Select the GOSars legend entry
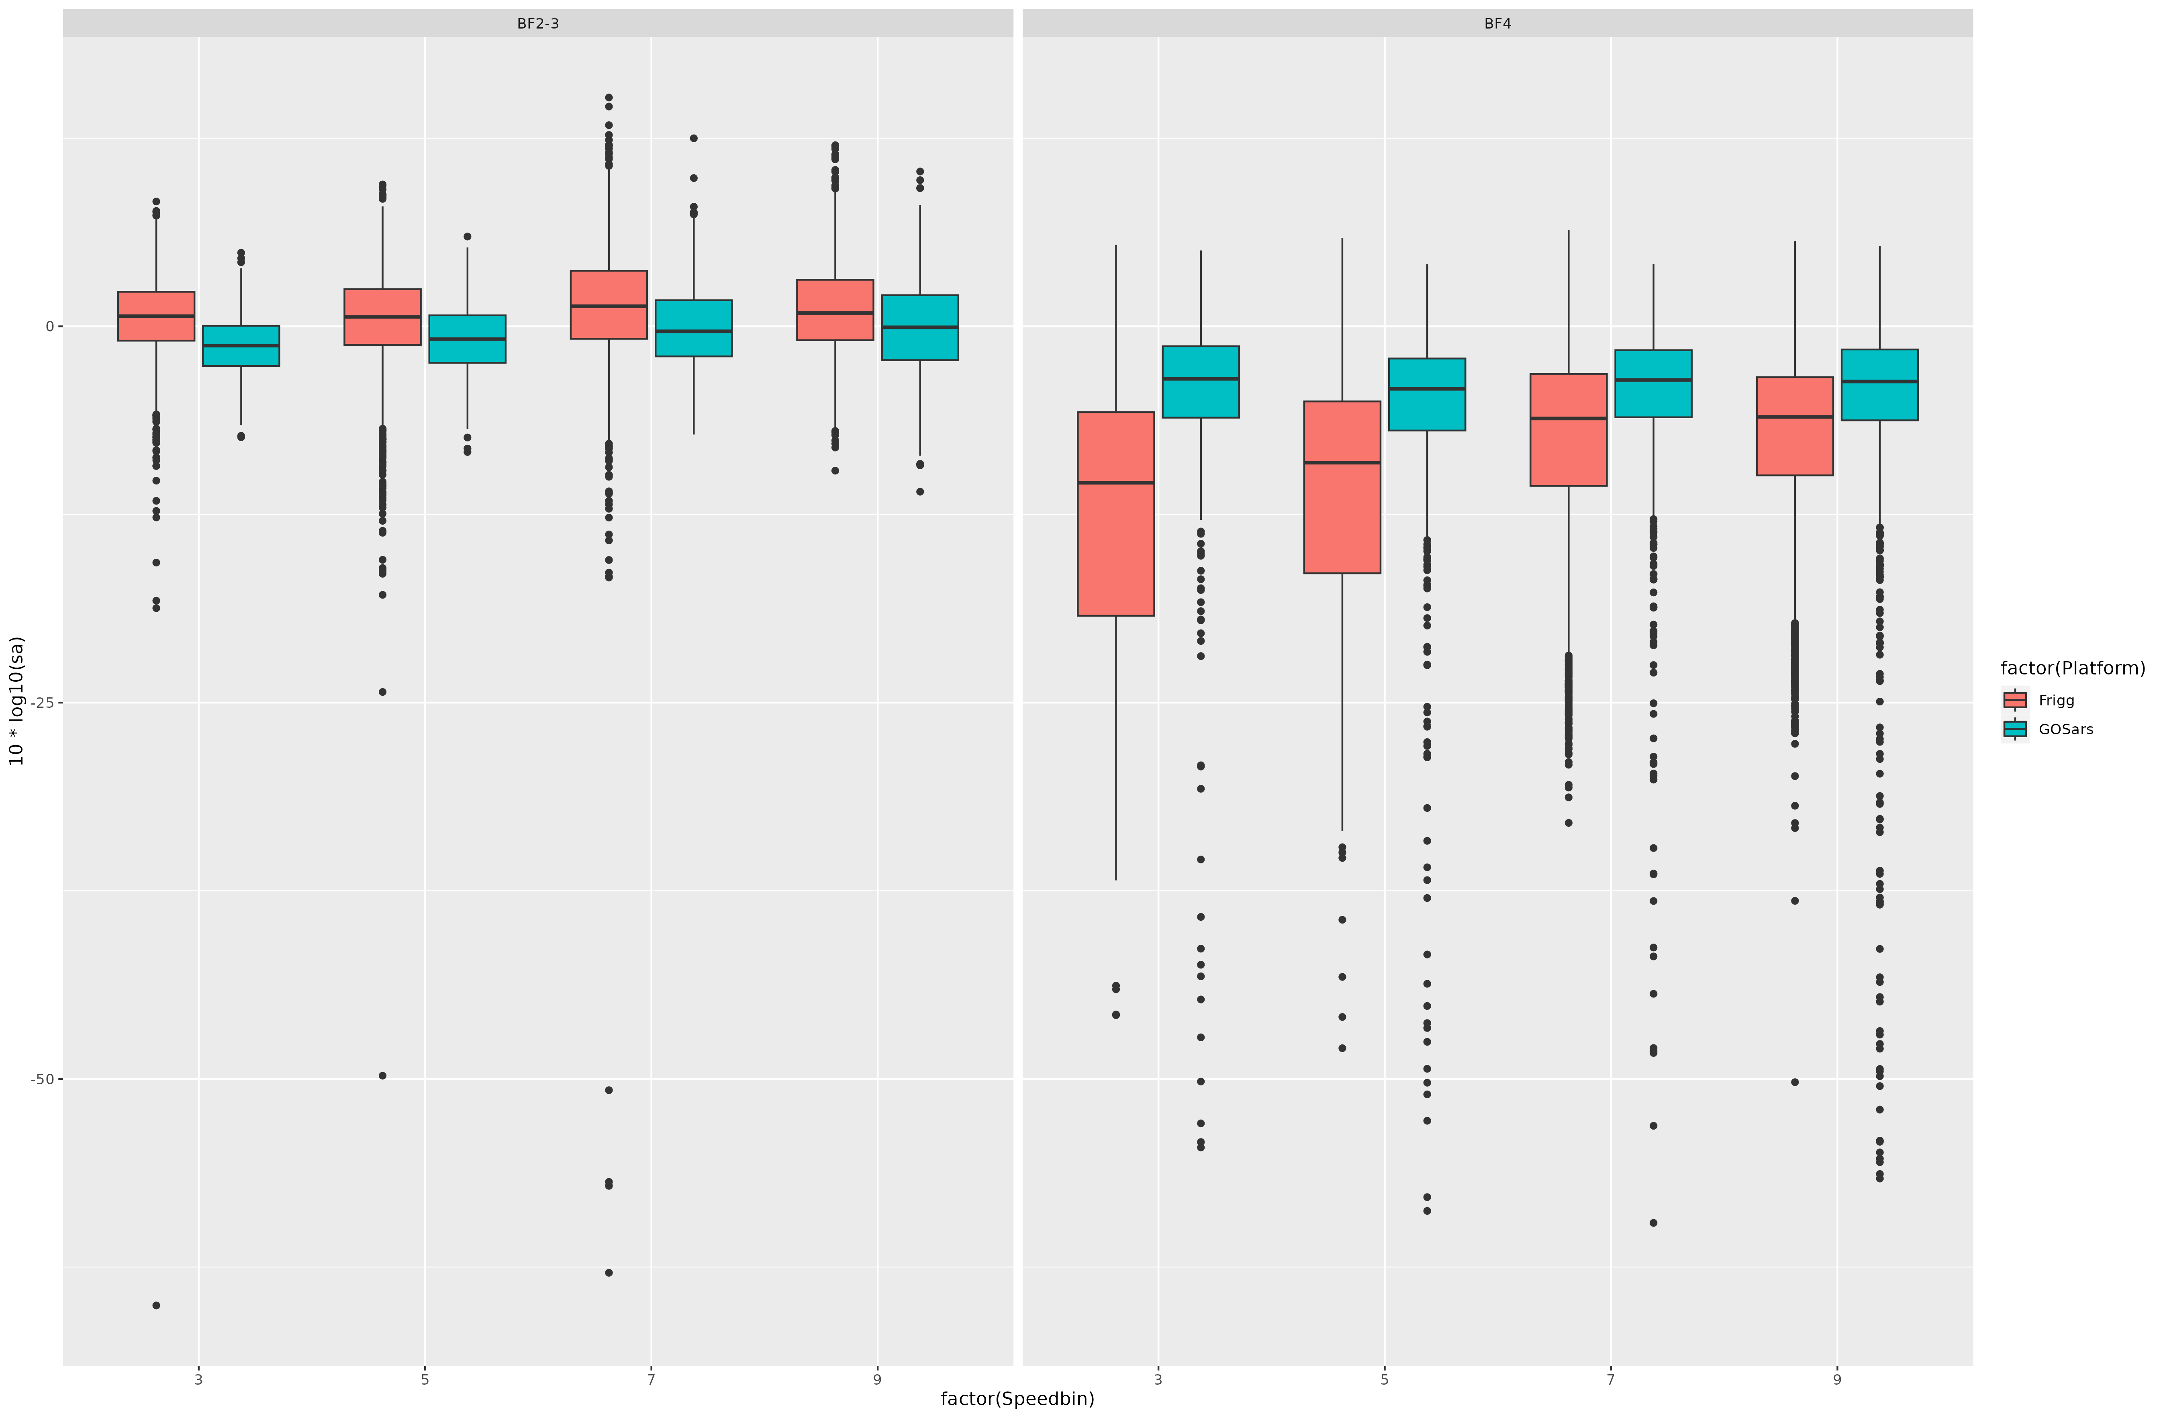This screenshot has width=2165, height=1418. tap(2065, 729)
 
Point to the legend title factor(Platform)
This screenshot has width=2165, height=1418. tap(2072, 668)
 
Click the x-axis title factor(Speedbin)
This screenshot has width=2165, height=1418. tap(1017, 1399)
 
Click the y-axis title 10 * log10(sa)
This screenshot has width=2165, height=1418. tap(16, 700)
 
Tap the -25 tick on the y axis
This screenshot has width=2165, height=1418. tap(42, 702)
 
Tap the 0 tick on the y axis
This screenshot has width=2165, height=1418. tap(49, 327)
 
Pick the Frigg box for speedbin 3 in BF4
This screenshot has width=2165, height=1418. tap(1115, 514)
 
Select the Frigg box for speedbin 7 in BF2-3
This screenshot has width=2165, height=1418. tap(609, 305)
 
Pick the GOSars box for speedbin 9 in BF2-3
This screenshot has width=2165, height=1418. tap(920, 327)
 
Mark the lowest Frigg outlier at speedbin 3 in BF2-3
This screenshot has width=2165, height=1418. tap(157, 1305)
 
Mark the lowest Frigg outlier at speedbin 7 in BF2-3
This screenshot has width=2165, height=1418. tap(609, 1273)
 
